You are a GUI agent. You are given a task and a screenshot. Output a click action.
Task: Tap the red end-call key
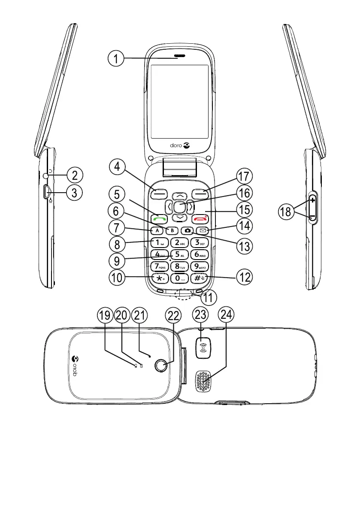[200, 217]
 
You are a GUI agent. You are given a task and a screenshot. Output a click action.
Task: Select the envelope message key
[200, 230]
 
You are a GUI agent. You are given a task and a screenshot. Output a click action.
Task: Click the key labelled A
[157, 230]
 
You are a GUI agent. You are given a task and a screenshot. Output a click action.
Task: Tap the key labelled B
[172, 230]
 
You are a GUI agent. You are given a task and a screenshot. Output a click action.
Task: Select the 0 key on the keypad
[179, 278]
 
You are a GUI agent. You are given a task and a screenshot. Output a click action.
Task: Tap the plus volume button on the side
[312, 200]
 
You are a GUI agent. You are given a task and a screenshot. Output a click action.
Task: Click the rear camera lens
[161, 366]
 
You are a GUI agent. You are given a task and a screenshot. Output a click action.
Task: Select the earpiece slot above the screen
[179, 56]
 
